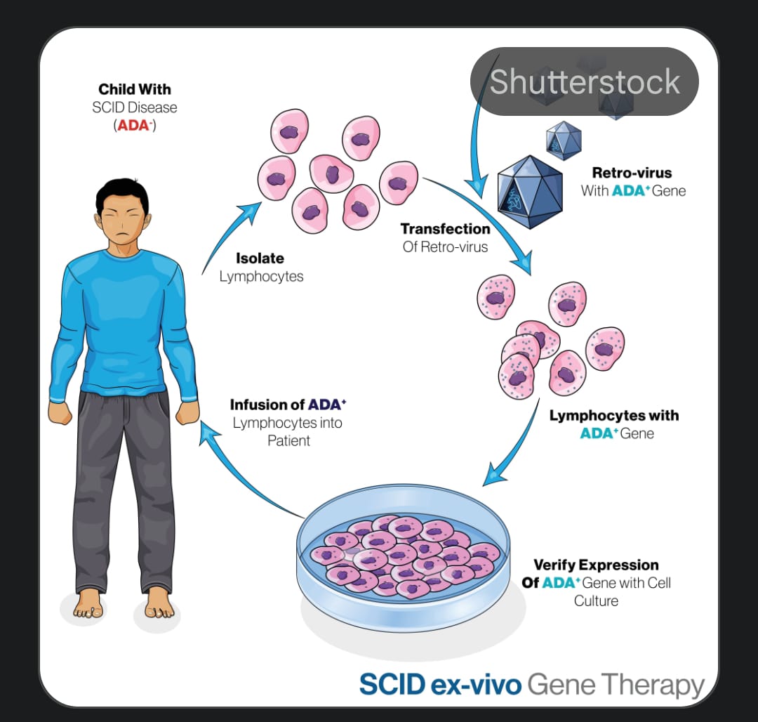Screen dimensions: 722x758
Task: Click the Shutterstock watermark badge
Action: tap(584, 81)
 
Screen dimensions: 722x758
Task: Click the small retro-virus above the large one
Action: tap(564, 140)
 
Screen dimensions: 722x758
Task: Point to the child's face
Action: tap(124, 221)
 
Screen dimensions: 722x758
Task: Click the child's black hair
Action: tap(122, 190)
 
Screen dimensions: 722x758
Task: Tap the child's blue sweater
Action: tap(123, 323)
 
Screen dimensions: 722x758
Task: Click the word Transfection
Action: tap(445, 229)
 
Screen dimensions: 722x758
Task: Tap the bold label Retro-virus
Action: tap(632, 173)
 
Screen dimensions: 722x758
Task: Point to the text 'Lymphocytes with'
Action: tap(613, 415)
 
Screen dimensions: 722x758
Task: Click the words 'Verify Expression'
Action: tap(596, 565)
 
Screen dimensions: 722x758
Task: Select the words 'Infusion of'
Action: tap(267, 405)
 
